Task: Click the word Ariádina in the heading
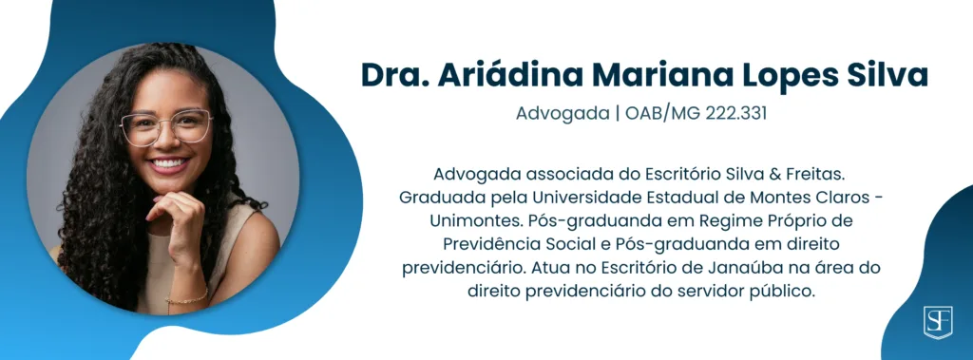(x=511, y=75)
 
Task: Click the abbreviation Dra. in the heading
(x=396, y=75)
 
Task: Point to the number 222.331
(x=736, y=114)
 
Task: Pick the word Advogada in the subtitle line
(x=563, y=115)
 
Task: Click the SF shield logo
(x=938, y=321)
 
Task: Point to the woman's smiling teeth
(x=169, y=164)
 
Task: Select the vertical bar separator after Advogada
(x=618, y=115)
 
